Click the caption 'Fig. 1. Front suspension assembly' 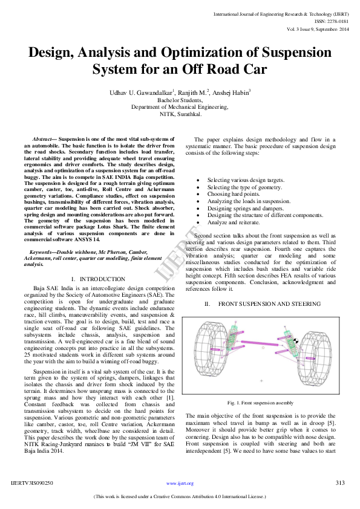pyautogui.click(x=260, y=402)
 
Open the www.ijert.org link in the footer pyautogui.click(x=180, y=484)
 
